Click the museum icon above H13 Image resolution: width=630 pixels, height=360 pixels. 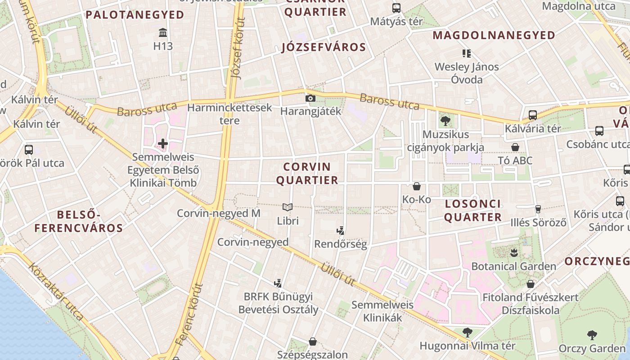pos(163,33)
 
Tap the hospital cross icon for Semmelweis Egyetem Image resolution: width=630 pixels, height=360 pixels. pos(163,144)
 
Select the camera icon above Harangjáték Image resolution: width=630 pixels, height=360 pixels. pos(310,98)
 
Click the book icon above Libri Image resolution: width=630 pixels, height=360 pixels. pos(288,207)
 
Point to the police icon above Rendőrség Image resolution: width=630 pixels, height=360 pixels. pos(341,231)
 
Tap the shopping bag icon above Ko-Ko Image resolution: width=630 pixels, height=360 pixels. pos(417,186)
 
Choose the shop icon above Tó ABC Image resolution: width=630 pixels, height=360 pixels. pos(515,147)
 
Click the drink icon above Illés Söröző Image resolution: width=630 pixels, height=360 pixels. pos(538,209)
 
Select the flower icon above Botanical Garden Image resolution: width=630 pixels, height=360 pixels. pos(513,252)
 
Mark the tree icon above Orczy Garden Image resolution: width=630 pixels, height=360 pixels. pos(592,335)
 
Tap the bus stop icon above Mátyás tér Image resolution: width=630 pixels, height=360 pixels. pos(396,8)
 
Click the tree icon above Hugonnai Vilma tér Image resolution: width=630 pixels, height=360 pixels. pos(468,333)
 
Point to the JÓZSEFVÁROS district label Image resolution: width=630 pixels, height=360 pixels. pos(324,47)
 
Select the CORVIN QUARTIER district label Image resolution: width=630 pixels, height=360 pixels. pos(307,173)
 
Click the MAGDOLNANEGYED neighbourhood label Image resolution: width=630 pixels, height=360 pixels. pos(494,35)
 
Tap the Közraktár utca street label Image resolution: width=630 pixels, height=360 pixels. pos(56,292)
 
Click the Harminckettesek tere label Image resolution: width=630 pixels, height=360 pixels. pos(229,114)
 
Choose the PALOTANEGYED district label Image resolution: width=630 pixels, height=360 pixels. pos(135,15)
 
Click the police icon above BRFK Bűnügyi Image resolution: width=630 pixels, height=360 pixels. pos(278,283)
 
